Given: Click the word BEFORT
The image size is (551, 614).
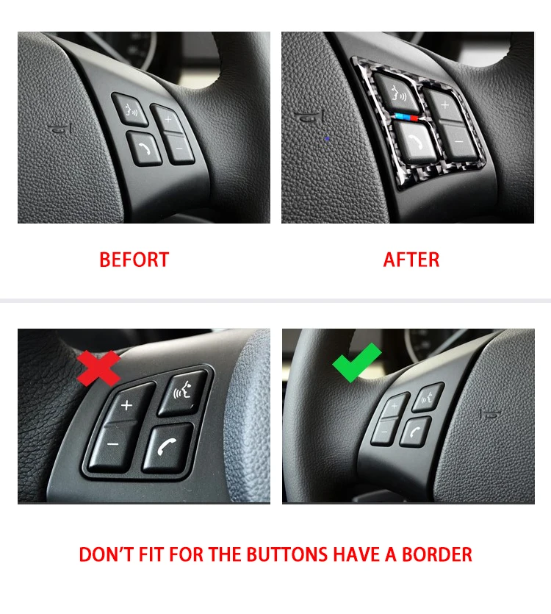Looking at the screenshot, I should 134,260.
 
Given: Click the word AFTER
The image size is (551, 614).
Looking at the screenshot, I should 411,260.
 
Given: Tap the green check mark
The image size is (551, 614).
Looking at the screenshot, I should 357,363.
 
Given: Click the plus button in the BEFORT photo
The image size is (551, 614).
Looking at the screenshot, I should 170,118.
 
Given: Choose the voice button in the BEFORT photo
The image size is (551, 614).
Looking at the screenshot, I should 129,108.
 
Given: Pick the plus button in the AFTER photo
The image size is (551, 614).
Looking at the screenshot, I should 445,104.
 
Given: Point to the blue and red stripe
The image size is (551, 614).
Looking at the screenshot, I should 407,116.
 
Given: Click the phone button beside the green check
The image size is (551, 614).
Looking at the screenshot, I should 415,430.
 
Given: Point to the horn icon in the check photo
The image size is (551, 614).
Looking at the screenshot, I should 489,414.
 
